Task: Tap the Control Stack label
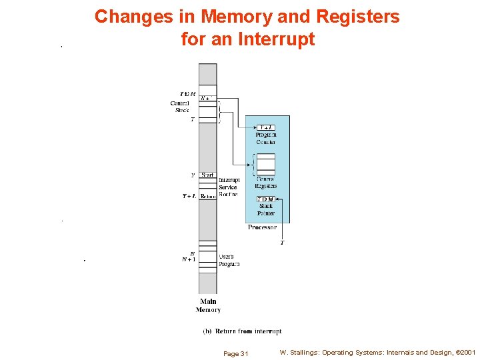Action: point(180,107)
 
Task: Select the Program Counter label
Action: point(266,138)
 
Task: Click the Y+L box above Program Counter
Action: point(266,127)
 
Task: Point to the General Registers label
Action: point(266,182)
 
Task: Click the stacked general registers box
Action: point(266,164)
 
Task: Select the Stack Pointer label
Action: point(266,209)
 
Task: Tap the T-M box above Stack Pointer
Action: point(266,199)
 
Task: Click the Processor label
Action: point(262,227)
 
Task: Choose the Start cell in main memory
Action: point(207,175)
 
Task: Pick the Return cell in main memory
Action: point(208,196)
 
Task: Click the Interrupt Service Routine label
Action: point(229,187)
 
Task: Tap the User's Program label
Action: point(229,260)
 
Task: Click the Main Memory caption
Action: point(208,305)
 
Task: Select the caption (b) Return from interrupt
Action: point(243,331)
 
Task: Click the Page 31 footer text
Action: point(235,353)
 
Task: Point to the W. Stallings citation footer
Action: point(377,352)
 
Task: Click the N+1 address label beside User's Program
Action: point(189,260)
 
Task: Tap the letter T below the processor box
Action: point(282,243)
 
